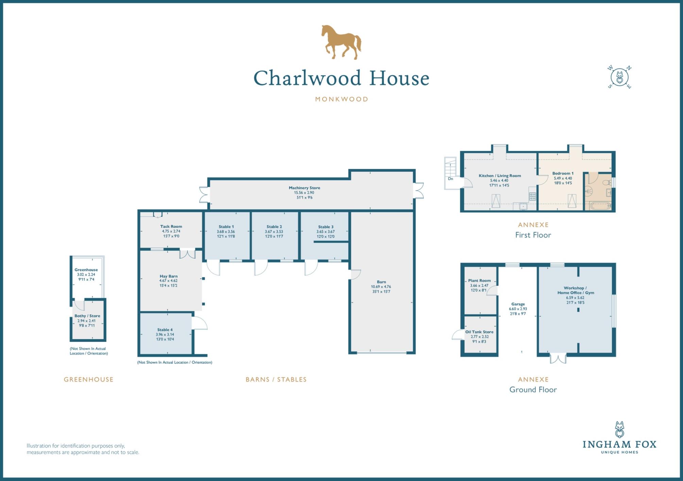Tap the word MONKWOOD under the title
pos(341,99)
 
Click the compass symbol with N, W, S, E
pos(619,77)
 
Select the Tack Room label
pos(171,226)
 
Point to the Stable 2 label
pos(274,227)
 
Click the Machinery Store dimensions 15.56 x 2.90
pos(304,192)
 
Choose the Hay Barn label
pos(169,276)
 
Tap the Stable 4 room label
pos(165,330)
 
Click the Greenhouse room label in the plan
pos(86,270)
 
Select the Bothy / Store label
pos(87,316)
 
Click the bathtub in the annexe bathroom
pos(600,206)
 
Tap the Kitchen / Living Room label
pos(500,176)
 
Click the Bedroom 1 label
pos(563,173)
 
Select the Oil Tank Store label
pos(479,332)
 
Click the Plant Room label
pos(479,281)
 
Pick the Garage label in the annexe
pos(518,304)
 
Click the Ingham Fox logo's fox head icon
pos(619,429)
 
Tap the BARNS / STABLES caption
pos(276,380)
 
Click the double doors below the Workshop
pos(558,359)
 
